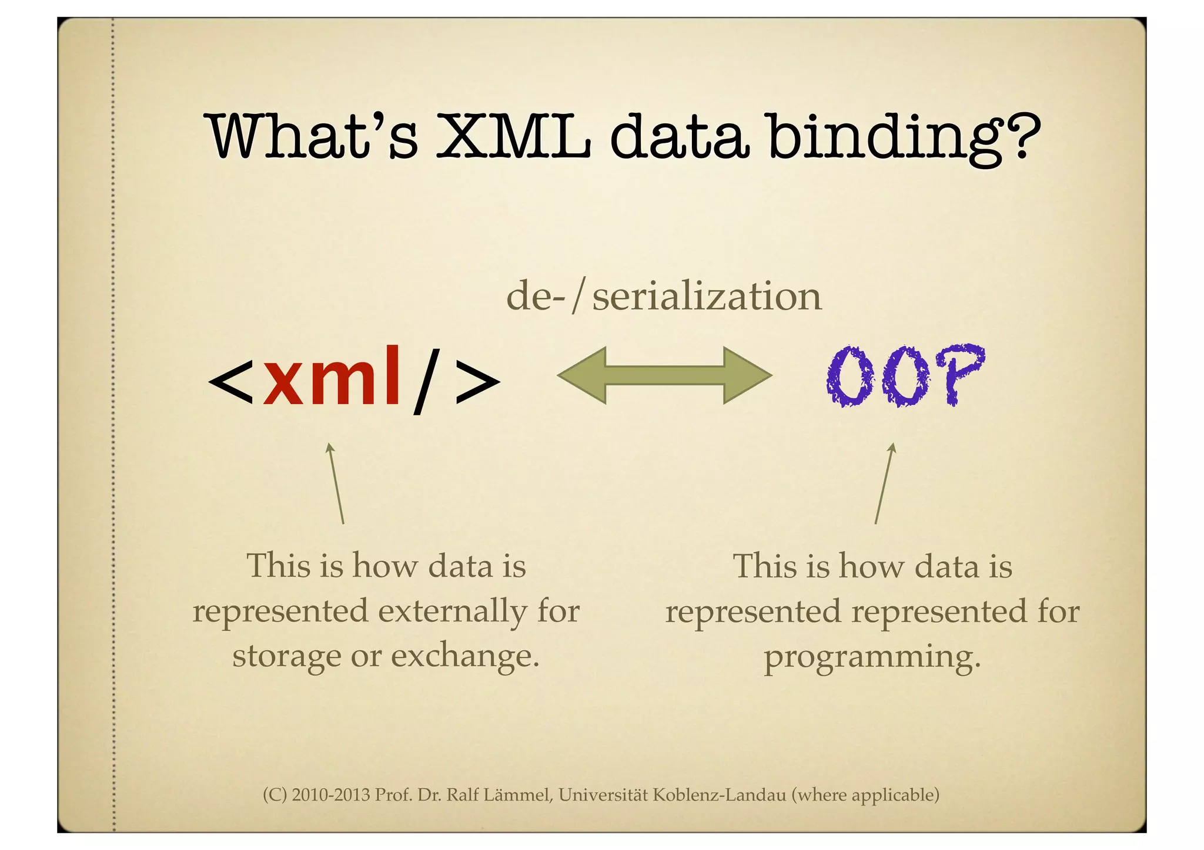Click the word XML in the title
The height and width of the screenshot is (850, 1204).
point(513,136)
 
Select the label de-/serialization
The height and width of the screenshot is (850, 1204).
point(663,297)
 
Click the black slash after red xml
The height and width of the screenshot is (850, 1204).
point(427,381)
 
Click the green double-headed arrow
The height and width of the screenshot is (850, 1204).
point(664,375)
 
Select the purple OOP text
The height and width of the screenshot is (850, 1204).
point(905,375)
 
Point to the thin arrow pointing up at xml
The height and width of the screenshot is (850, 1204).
point(336,483)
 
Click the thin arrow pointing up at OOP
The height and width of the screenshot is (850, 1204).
point(884,483)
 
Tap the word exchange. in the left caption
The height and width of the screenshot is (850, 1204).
point(465,656)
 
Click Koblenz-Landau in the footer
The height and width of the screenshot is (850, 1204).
point(719,795)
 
